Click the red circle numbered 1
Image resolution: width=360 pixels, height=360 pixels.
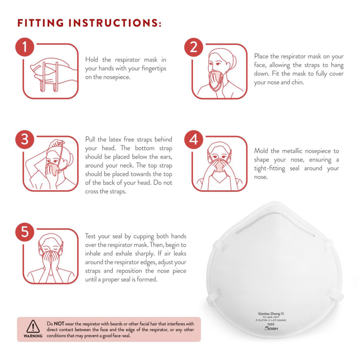(x=25, y=47)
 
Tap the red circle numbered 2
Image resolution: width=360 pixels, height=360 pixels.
(x=194, y=47)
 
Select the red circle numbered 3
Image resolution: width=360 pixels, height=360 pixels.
(x=25, y=140)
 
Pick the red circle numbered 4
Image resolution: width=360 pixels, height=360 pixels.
(x=194, y=140)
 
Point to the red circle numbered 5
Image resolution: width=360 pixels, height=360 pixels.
(x=25, y=232)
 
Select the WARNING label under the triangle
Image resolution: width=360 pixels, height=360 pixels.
(x=33, y=336)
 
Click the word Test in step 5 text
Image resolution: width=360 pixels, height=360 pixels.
(x=91, y=236)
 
